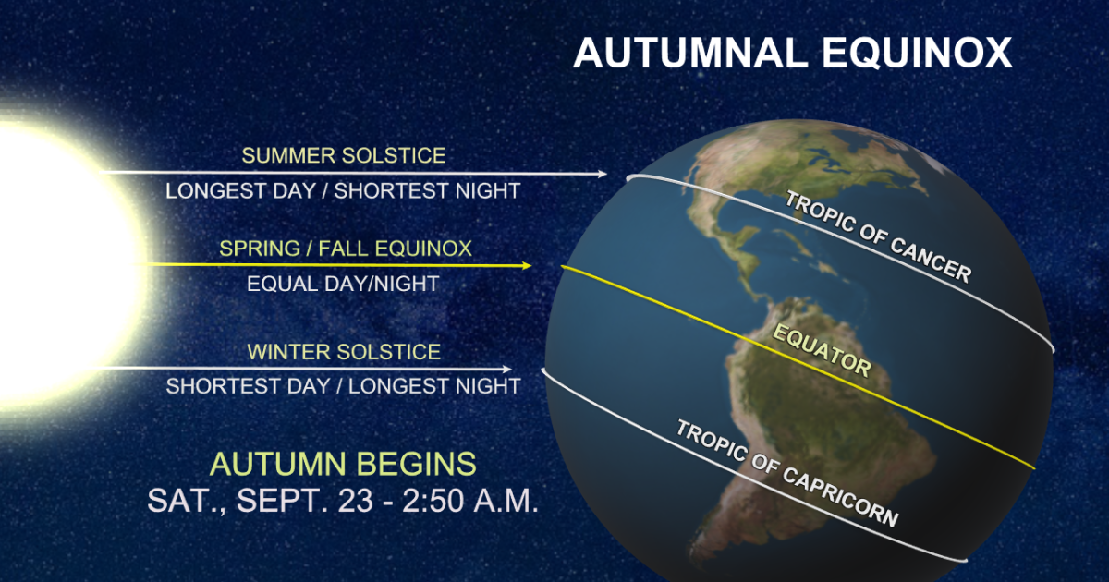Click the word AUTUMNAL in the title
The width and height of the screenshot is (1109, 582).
690,53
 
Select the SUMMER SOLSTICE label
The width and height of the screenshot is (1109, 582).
344,155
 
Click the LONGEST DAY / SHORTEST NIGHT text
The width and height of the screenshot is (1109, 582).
343,190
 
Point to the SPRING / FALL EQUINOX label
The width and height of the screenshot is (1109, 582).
346,249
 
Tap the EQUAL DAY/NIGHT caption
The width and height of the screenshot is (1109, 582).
343,284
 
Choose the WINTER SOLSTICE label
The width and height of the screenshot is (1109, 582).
344,352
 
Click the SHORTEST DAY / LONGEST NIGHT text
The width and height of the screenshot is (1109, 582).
343,386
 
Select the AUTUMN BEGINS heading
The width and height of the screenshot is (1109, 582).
343,464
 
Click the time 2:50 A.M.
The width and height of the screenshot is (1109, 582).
470,501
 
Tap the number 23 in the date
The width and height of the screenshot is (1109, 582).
356,501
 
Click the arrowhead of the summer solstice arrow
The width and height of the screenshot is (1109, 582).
603,174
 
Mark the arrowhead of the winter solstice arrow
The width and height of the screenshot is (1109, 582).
507,370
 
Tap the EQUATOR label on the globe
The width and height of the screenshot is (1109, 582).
822,351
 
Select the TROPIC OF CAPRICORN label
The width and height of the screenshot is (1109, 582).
787,473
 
